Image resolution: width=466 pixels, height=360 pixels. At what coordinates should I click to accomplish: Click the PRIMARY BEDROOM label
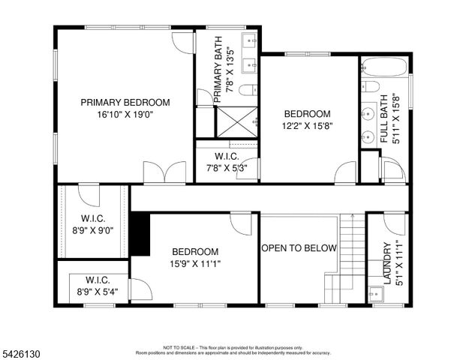tap(125, 103)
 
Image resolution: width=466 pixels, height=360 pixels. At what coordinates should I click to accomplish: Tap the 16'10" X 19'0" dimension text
tap(125, 115)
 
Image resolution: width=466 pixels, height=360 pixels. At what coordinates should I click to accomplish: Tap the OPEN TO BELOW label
tap(299, 248)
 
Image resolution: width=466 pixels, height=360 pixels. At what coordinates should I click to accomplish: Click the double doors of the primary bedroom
tap(164, 172)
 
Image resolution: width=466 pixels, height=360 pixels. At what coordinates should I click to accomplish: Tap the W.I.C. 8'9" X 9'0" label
tap(92, 225)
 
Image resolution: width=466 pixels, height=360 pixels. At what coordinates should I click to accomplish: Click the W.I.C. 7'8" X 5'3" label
tap(226, 162)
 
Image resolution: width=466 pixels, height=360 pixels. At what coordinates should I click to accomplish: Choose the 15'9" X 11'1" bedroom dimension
tap(195, 263)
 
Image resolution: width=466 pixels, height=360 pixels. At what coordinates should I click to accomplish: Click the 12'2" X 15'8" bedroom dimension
tap(306, 126)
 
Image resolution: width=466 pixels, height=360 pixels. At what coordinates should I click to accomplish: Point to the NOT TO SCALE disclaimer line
tap(233, 347)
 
